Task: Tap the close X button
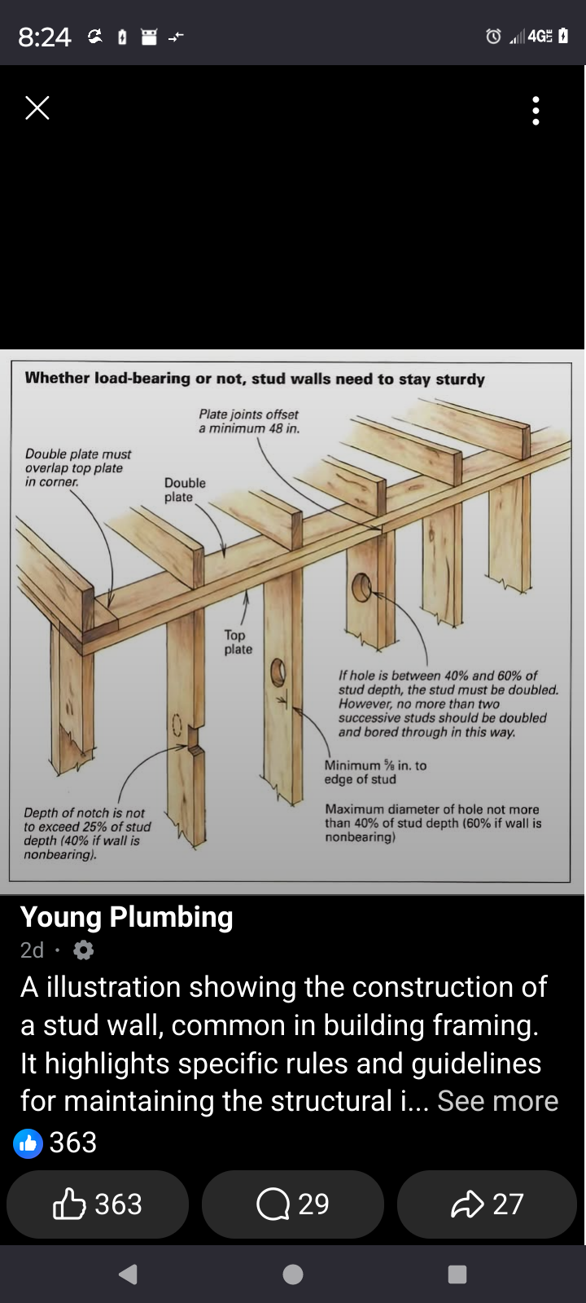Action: click(37, 107)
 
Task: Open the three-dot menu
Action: click(535, 111)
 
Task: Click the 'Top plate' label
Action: click(238, 642)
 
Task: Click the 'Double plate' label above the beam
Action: click(185, 489)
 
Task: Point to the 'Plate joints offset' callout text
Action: click(248, 421)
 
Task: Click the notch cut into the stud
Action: click(192, 736)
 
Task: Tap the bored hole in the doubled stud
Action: click(361, 587)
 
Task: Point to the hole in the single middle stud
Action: click(278, 672)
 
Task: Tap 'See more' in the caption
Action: click(497, 1100)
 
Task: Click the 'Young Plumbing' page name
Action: click(126, 917)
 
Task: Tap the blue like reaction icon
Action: click(28, 1143)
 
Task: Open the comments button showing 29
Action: click(293, 1204)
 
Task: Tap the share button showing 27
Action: click(487, 1204)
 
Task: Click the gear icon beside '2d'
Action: click(84, 950)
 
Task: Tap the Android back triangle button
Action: click(128, 1274)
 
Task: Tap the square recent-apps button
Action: click(457, 1274)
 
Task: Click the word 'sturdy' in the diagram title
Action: click(460, 379)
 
